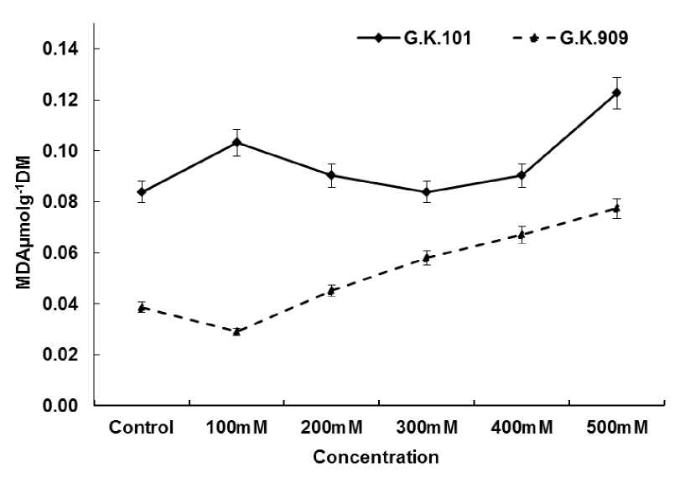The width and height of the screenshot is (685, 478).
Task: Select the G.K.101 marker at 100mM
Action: pyautogui.click(x=236, y=142)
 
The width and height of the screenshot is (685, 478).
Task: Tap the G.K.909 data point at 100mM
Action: pyautogui.click(x=236, y=331)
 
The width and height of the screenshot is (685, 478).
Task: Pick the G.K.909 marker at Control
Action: pyautogui.click(x=142, y=308)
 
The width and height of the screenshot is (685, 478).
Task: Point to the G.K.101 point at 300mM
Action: pyautogui.click(x=426, y=192)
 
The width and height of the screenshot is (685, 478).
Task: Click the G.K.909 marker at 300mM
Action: pyautogui.click(x=426, y=257)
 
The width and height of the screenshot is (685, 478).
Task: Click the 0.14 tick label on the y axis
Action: pyautogui.click(x=62, y=49)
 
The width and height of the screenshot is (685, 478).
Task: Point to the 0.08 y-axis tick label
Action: pyautogui.click(x=62, y=202)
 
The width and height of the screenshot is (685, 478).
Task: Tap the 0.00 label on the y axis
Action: pyautogui.click(x=62, y=406)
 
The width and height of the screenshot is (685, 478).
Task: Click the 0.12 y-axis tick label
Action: pyautogui.click(x=62, y=101)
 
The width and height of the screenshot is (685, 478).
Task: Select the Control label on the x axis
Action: pyautogui.click(x=141, y=428)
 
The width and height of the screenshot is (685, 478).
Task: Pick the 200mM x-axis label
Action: pyautogui.click(x=331, y=428)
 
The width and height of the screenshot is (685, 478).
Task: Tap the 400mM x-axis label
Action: pyautogui.click(x=521, y=428)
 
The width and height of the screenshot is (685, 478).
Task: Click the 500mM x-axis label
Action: pyautogui.click(x=616, y=428)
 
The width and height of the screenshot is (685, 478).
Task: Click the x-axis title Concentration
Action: pyautogui.click(x=376, y=458)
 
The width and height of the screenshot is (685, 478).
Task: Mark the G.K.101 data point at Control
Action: pyautogui.click(x=142, y=191)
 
